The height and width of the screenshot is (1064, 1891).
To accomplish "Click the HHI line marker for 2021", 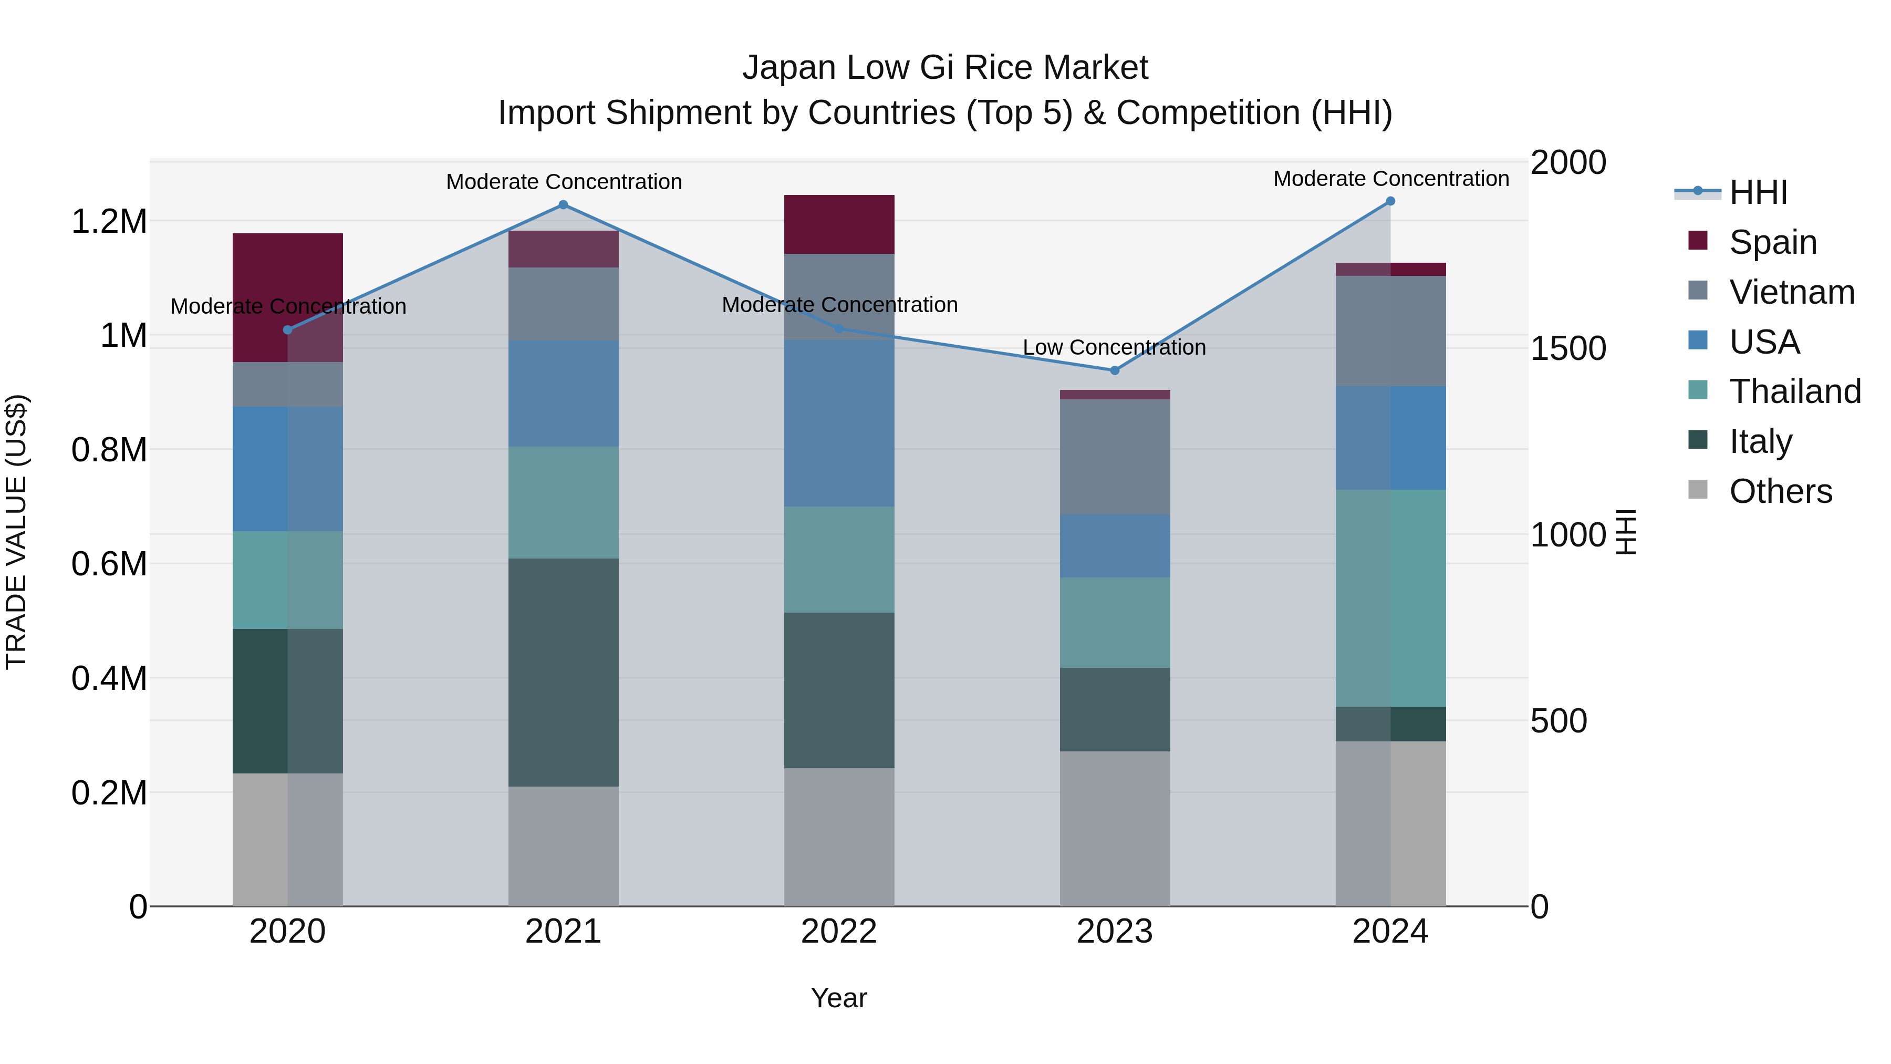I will (x=563, y=205).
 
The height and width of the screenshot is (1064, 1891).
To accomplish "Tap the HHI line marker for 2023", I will (x=1114, y=370).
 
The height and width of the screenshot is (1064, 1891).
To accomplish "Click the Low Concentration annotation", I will (x=1114, y=347).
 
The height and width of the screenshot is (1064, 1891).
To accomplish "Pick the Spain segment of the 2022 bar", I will (x=839, y=224).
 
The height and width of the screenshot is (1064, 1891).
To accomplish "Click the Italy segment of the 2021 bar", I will (x=563, y=672).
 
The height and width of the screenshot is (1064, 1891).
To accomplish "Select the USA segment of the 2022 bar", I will (x=839, y=422).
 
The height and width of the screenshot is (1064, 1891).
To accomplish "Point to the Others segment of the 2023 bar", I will (x=1114, y=828).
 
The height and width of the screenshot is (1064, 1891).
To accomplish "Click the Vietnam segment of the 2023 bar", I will (x=1114, y=457).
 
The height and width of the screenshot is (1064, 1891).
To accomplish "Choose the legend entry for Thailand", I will (x=1795, y=391).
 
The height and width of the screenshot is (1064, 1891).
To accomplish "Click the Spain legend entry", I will (x=1772, y=242).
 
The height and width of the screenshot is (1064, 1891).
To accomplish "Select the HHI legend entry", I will (x=1758, y=192).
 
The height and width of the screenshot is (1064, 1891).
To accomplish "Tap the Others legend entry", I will (x=1780, y=491).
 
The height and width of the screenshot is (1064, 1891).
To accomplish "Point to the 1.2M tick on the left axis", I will (x=109, y=222).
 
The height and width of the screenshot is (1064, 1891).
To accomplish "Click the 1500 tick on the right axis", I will (x=1568, y=349).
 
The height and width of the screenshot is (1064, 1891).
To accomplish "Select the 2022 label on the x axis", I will (x=839, y=932).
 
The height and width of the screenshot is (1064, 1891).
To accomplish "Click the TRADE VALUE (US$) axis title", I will (x=16, y=532).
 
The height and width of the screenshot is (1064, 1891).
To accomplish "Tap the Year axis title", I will (x=839, y=998).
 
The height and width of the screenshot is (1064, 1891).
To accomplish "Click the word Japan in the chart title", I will (x=789, y=68).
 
